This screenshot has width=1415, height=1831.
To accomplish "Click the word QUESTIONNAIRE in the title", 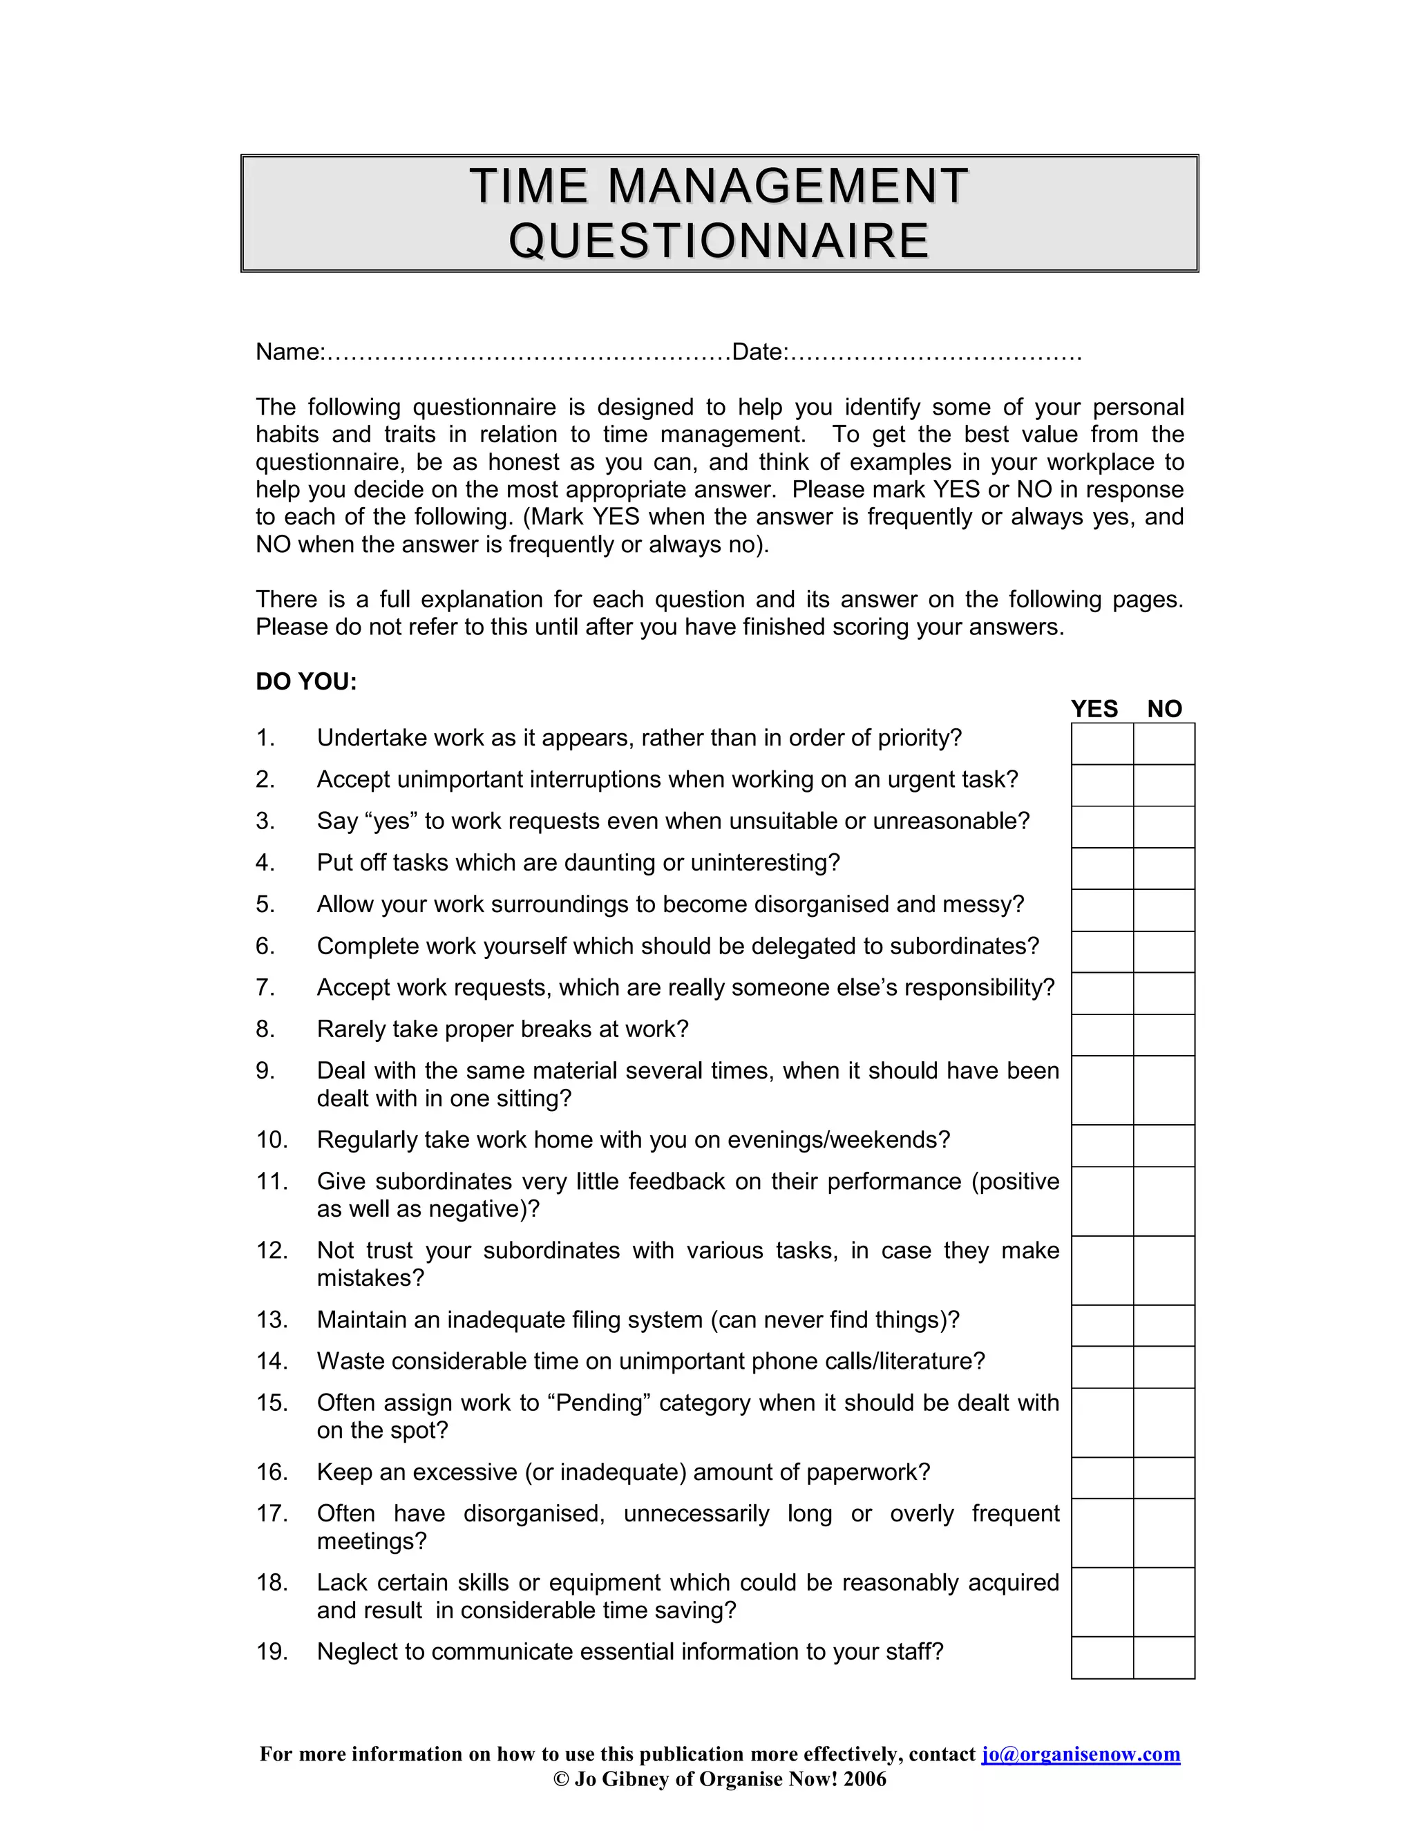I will click(719, 241).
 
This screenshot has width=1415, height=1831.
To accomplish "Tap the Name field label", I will click(289, 352).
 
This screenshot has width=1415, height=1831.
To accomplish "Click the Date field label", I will click(759, 352).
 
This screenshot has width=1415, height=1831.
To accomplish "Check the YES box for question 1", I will click(1102, 743).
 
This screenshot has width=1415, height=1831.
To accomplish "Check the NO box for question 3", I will click(1164, 826).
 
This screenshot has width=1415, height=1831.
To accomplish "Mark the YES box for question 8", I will click(1102, 1036).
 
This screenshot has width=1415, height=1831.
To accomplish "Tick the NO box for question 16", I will click(1164, 1478).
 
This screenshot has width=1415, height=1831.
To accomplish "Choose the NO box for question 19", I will click(1164, 1658).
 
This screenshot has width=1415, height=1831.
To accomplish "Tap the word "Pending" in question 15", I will click(598, 1403).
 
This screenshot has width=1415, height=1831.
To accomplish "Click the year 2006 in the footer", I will click(865, 1779).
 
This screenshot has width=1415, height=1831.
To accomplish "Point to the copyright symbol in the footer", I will click(561, 1779).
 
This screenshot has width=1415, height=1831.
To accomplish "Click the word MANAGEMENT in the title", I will click(788, 186).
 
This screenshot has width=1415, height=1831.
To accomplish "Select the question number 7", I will click(265, 987).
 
